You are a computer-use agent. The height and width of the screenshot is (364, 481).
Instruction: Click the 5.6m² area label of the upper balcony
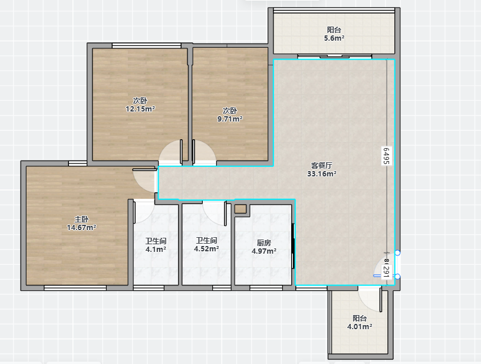334,38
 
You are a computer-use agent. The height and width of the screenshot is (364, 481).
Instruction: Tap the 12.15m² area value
140,109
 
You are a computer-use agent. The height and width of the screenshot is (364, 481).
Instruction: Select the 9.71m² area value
230,119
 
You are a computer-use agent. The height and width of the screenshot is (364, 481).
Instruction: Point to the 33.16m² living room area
322,173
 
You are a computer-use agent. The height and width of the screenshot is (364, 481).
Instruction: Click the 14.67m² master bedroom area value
81,227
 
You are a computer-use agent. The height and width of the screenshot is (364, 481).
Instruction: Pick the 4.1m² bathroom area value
156,249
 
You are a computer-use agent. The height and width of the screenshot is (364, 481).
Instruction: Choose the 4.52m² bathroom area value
206,248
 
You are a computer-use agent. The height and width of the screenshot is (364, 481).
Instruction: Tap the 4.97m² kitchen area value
264,251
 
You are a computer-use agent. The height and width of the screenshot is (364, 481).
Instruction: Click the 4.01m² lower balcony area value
360,327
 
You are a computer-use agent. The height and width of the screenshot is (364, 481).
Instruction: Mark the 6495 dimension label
386,156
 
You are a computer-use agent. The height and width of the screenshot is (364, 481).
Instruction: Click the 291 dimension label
386,272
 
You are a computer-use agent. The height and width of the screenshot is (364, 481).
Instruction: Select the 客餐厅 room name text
322,166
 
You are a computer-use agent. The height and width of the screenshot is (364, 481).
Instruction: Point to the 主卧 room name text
81,219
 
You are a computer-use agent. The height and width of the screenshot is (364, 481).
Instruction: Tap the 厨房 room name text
264,243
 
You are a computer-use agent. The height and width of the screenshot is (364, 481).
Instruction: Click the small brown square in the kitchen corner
240,209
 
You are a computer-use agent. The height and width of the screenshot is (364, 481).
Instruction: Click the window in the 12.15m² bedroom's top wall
147,46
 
